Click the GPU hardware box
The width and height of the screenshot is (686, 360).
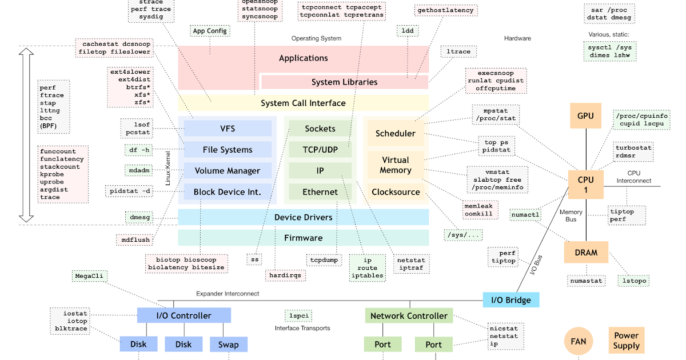tap(585, 115)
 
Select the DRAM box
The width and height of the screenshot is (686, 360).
tap(586, 252)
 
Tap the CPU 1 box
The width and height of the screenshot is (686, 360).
tap(585, 185)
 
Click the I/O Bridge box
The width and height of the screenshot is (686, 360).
tap(510, 300)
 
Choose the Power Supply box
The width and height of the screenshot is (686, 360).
tap(627, 341)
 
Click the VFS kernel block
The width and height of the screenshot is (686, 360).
tap(228, 129)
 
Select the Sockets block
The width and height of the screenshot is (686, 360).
tap(320, 129)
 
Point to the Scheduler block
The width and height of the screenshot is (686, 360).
tap(396, 133)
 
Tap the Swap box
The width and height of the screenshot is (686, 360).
tap(229, 345)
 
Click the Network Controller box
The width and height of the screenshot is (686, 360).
tap(409, 315)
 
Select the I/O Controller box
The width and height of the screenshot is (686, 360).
tap(184, 315)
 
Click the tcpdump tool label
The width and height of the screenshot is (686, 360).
tap(324, 259)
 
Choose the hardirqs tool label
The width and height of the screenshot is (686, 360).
tap(285, 275)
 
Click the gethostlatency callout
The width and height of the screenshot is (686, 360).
tap(445, 10)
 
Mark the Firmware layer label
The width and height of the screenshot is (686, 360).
tap(303, 238)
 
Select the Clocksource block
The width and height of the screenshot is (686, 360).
tap(396, 192)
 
